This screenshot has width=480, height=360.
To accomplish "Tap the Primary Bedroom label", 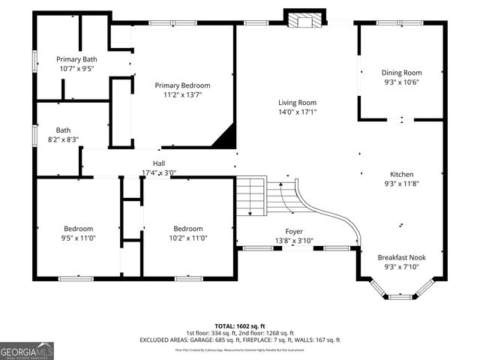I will click(182, 85).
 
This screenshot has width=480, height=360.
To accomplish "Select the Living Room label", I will click(298, 103).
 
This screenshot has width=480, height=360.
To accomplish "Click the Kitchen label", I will click(401, 174).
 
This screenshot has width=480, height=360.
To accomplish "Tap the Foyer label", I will click(294, 231).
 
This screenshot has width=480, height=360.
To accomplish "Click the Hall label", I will click(159, 163).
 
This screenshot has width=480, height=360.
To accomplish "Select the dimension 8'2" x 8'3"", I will click(63, 139).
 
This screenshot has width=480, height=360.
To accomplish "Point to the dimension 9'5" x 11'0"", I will click(78, 238).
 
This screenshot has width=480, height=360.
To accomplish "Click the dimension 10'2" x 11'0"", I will click(188, 238).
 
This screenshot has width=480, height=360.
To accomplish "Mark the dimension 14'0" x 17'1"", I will click(298, 112).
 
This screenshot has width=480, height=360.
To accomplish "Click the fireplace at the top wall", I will click(304, 19).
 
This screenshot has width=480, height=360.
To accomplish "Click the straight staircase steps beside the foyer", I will click(251, 195).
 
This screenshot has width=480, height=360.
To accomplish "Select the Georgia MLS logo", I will click(27, 350).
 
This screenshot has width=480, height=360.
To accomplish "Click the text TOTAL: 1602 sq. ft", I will click(239, 325).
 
